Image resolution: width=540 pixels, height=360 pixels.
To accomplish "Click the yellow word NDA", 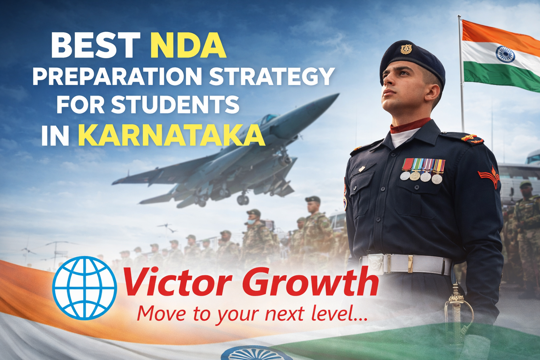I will pyautogui.click(x=188, y=45).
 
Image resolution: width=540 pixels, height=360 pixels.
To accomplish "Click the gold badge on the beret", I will pyautogui.click(x=406, y=49).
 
